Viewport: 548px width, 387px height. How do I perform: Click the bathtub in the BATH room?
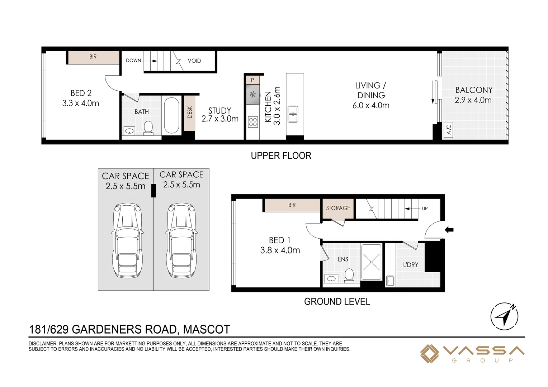tap(171, 115)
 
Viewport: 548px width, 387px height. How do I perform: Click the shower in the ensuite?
tap(371, 262)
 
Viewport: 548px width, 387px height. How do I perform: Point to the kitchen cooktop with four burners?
tap(253, 122)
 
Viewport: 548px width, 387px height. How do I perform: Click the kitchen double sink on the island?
tap(293, 114)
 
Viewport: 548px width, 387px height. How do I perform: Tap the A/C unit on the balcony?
tap(448, 130)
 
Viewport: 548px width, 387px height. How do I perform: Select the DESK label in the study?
tap(190, 112)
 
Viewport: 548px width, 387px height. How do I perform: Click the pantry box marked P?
tap(252, 80)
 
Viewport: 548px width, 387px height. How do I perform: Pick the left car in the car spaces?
tap(128, 240)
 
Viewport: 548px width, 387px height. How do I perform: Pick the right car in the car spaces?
tap(181, 240)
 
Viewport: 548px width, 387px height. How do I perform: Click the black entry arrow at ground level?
tap(449, 230)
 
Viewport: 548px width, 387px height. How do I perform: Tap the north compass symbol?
tap(504, 316)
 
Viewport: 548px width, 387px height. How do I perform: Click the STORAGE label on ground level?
tap(338, 208)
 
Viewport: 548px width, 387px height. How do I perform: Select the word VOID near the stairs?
tap(194, 61)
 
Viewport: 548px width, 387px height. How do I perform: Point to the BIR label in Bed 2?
tap(93, 57)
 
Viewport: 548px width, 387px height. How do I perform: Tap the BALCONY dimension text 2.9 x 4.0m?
tap(473, 100)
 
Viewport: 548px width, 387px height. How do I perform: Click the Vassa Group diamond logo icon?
tap(429, 354)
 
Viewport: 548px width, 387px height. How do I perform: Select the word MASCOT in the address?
tap(207, 329)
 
